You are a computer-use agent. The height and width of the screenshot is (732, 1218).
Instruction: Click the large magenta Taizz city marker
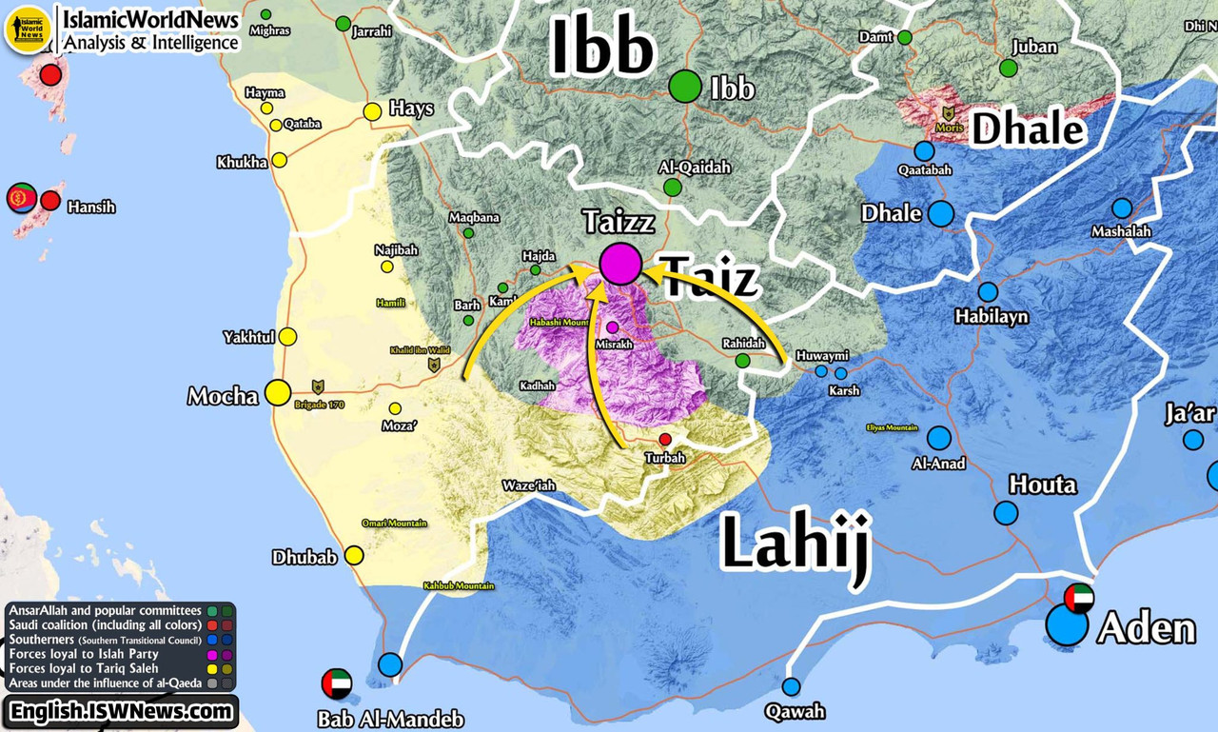[619, 263]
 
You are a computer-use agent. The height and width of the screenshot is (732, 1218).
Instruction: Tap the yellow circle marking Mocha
[278, 392]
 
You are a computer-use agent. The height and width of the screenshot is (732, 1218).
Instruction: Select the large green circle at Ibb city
[684, 87]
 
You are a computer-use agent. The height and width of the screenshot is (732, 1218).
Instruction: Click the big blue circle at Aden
[1067, 626]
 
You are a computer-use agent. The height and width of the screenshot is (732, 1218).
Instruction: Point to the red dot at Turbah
[665, 439]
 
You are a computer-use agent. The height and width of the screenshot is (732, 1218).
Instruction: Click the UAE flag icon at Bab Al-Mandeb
[337, 683]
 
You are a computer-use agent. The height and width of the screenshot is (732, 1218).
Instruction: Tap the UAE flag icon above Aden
[1079, 598]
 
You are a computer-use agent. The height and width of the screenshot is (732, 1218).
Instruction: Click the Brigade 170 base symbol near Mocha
[318, 386]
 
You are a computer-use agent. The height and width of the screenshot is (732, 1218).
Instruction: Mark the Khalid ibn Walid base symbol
[434, 364]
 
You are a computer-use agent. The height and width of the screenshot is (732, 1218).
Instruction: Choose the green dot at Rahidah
[742, 360]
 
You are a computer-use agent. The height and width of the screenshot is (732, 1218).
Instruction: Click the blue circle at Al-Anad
[939, 438]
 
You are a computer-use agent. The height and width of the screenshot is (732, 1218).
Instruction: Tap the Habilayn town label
[992, 316]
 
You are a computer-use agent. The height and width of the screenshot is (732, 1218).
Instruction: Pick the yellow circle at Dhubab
[354, 555]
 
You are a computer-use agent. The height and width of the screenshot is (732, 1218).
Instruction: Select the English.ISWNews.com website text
[120, 711]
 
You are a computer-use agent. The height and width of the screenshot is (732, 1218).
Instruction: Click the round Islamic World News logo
[28, 29]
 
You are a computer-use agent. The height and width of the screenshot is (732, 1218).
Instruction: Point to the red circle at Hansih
[50, 201]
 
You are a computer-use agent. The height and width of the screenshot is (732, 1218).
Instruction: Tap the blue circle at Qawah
[792, 686]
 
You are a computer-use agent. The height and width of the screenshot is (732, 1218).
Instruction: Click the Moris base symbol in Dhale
[948, 112]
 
